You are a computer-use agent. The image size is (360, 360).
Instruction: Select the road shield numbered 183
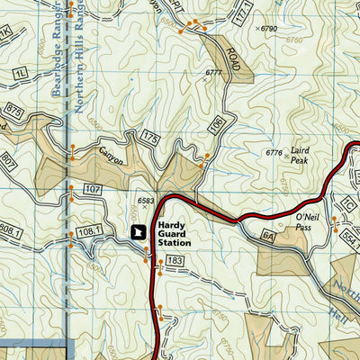(x=175, y=261)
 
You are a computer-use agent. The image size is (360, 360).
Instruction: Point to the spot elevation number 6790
(x=271, y=29)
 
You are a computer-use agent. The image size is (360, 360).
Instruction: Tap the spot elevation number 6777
(x=212, y=72)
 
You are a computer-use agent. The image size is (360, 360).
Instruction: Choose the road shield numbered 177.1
(x=238, y=16)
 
